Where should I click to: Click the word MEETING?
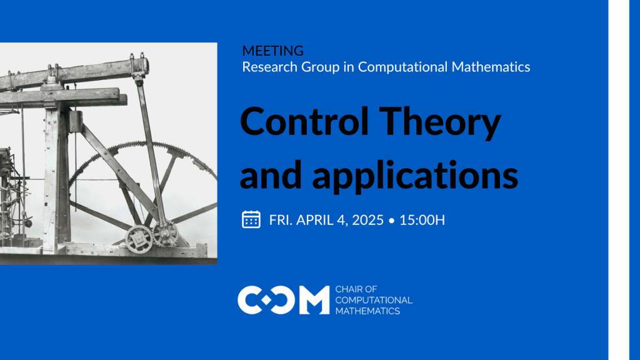(272, 51)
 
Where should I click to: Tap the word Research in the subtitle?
(270, 67)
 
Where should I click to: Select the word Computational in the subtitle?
(403, 67)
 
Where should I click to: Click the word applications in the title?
(415, 176)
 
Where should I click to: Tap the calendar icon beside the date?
(251, 219)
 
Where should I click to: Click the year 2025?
(367, 220)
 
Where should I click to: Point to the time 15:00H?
(422, 220)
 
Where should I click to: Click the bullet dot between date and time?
(392, 221)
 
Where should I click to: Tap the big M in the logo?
(314, 300)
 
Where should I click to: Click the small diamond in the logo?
(266, 301)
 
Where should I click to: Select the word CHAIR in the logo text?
(349, 289)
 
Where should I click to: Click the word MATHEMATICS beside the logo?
(367, 311)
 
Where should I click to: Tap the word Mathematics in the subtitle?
(491, 67)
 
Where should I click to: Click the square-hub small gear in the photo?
(139, 239)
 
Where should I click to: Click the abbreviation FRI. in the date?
(281, 220)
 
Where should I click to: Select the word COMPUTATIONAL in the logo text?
(374, 301)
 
